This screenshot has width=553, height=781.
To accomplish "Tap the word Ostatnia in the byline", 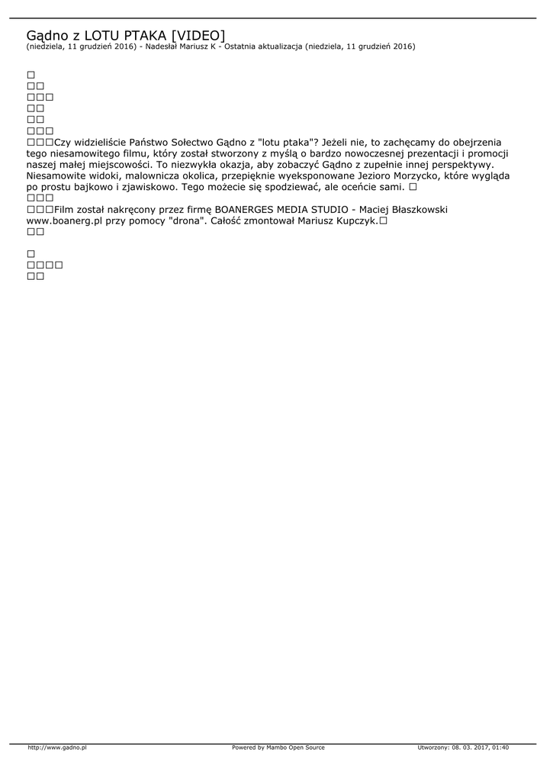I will click(x=240, y=47).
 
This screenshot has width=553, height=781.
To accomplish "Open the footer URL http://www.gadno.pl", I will click(x=57, y=747).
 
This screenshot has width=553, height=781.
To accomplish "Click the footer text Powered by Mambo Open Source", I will click(x=278, y=747).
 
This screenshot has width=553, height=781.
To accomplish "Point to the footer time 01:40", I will click(x=500, y=747).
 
